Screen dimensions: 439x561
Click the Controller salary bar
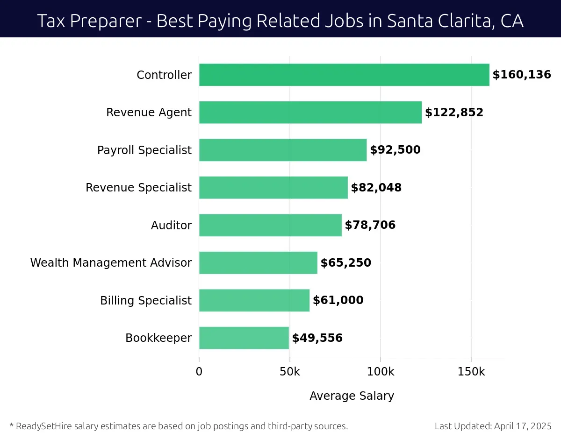coord(344,75)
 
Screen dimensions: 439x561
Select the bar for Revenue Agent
coord(310,113)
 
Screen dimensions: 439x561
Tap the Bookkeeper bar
coord(244,338)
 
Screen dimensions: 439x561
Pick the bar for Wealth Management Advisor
coord(258,262)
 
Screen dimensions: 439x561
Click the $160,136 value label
coord(522,75)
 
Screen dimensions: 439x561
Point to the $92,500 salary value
coord(395,150)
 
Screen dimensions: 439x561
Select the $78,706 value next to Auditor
coord(370,225)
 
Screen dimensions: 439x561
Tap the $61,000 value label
coord(338,300)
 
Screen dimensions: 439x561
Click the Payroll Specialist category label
coord(144,150)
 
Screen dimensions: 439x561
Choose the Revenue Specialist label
coord(138,188)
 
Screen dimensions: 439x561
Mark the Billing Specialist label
coord(146,300)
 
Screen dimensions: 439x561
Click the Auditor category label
coord(171,225)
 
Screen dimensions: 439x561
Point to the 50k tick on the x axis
coord(290,372)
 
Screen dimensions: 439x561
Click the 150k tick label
coord(471,372)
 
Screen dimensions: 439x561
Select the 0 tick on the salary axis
coord(199,372)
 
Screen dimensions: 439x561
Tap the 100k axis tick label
coord(381,372)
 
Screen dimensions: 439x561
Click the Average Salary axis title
coord(352,396)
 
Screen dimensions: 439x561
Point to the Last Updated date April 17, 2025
coord(522,426)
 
